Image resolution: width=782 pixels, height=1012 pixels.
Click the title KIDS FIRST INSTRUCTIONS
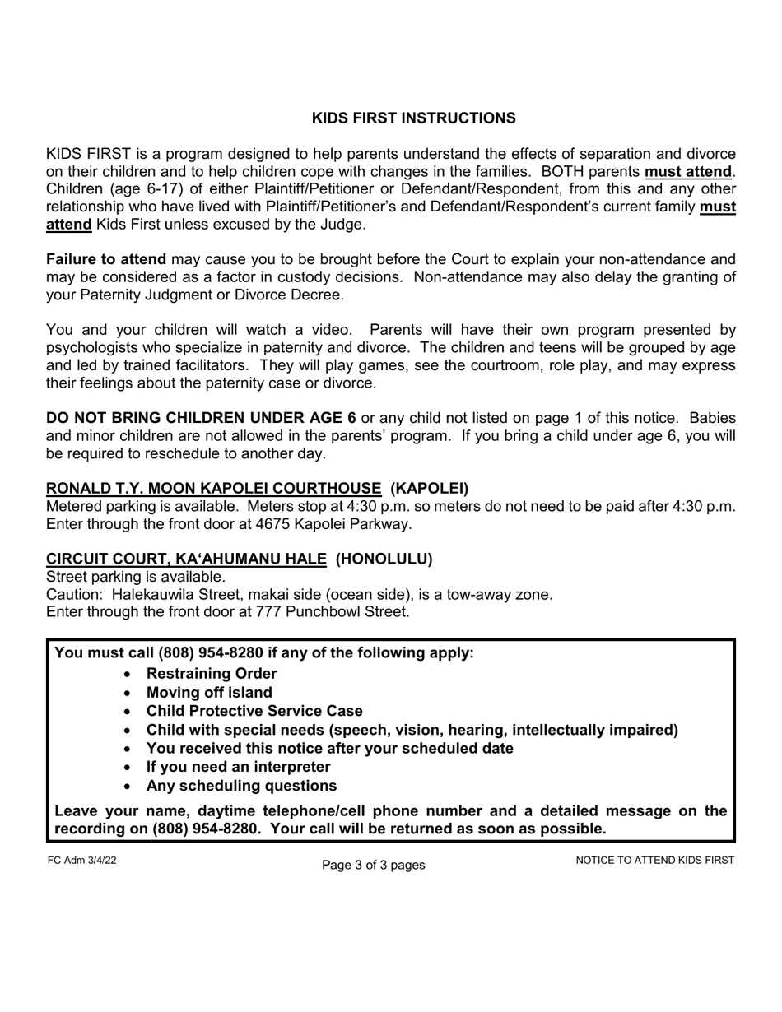point(413,118)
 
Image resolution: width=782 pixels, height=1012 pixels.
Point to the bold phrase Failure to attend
point(106,259)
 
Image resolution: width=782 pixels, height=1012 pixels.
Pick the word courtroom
point(509,365)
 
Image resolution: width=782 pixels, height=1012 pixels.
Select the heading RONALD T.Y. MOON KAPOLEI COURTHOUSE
point(213,488)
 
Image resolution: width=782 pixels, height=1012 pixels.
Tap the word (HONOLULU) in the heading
point(384,559)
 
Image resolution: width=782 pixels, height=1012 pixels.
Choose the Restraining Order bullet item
point(212,674)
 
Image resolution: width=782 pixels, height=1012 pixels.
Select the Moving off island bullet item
point(209,693)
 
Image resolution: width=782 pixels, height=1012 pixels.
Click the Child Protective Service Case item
point(254,711)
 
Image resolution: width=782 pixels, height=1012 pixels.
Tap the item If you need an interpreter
point(238,767)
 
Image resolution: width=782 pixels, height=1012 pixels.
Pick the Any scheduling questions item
point(241,786)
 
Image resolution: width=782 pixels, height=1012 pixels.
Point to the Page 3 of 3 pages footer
point(374,865)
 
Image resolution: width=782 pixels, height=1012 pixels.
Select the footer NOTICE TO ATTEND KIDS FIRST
point(654,861)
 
